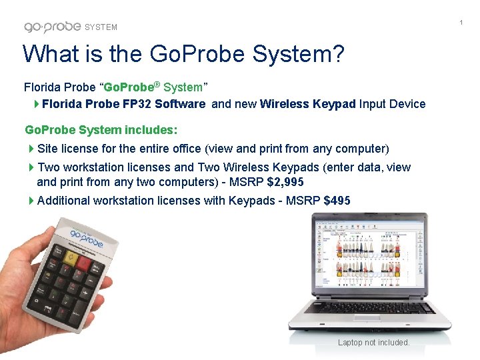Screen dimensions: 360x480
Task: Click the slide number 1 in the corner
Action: tap(461, 23)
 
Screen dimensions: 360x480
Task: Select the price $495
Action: tap(337, 201)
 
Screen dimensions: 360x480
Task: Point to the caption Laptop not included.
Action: tap(373, 343)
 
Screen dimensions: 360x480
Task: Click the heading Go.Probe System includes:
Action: tap(101, 129)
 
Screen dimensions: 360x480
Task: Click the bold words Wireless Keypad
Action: tap(308, 104)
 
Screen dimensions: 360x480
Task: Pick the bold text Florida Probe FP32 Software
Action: tap(124, 104)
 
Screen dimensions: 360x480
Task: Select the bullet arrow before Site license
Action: tap(32, 148)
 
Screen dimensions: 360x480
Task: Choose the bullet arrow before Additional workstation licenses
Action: tap(32, 201)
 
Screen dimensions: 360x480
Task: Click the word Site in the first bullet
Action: tap(48, 148)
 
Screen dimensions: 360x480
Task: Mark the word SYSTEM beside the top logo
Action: tap(101, 27)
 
